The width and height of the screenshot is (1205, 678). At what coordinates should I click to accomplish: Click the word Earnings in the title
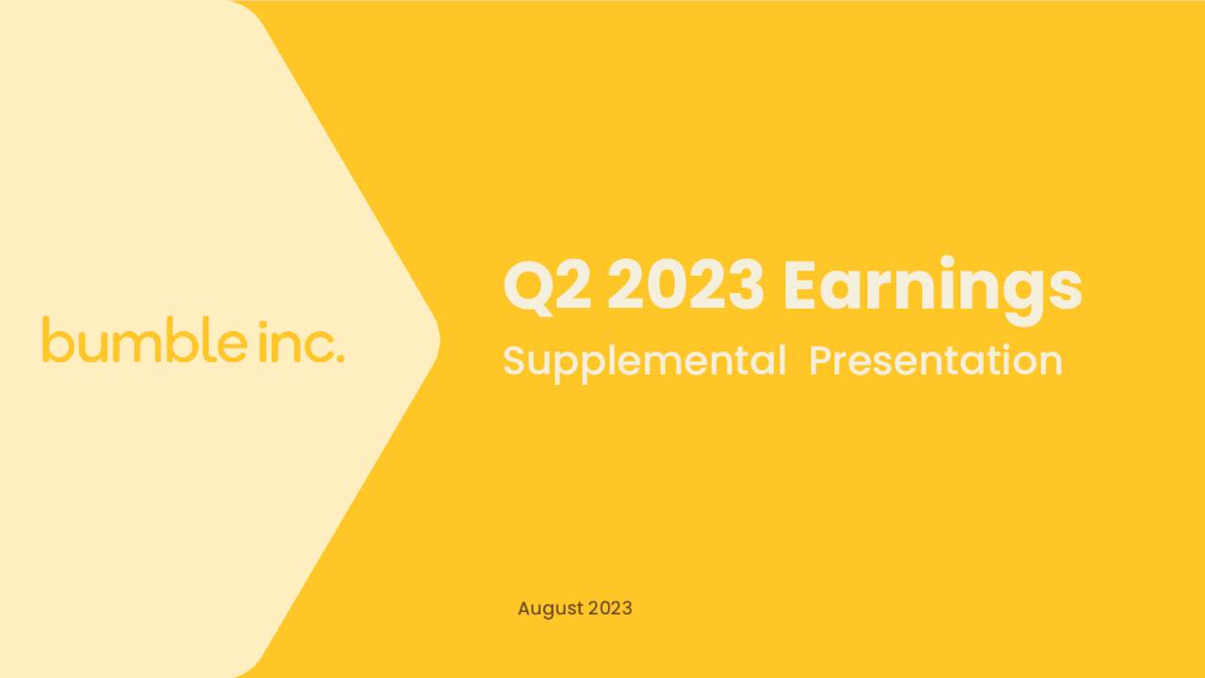tap(931, 286)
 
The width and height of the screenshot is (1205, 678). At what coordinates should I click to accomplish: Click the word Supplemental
tap(644, 362)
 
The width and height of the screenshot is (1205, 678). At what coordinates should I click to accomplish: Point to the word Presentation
tap(935, 361)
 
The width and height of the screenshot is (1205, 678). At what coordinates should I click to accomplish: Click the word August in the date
tap(550, 608)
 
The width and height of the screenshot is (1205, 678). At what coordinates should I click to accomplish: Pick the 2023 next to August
tap(610, 608)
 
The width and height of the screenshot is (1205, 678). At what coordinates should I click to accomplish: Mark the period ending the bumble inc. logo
tap(340, 358)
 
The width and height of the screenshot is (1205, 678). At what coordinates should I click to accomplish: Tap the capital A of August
tap(524, 608)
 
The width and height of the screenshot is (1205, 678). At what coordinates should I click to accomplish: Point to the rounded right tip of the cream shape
tap(437, 338)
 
